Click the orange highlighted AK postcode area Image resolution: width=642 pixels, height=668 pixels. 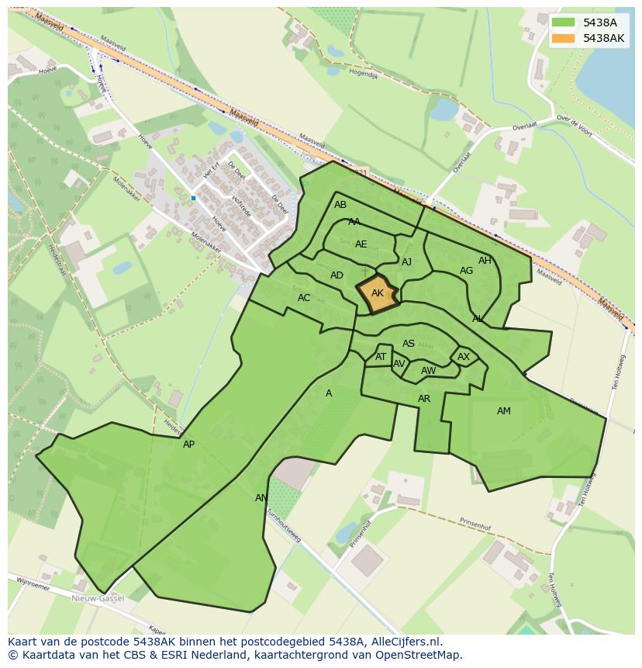click(x=378, y=295)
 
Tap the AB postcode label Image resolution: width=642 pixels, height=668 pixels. click(x=340, y=206)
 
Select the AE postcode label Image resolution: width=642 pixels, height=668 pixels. click(x=361, y=244)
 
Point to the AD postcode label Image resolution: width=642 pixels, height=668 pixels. click(x=337, y=275)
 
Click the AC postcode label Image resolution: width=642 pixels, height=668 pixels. click(x=304, y=298)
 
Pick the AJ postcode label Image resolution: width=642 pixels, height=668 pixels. click(x=406, y=262)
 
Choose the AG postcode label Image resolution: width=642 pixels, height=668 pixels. click(x=466, y=271)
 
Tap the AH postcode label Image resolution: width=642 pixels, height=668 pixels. click(x=485, y=261)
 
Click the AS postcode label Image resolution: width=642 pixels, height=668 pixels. click(x=409, y=344)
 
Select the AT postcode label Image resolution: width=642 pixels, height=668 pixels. click(x=381, y=357)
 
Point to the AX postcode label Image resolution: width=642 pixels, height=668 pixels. click(x=464, y=357)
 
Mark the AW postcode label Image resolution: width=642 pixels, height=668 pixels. click(x=428, y=371)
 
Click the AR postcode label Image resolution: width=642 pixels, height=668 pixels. click(x=424, y=399)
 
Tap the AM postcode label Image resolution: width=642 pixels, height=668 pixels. click(x=504, y=411)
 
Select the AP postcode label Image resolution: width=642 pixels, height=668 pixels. click(x=188, y=445)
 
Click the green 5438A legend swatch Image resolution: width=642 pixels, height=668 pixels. click(x=564, y=23)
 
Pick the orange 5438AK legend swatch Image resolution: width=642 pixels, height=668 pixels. click(x=564, y=38)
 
